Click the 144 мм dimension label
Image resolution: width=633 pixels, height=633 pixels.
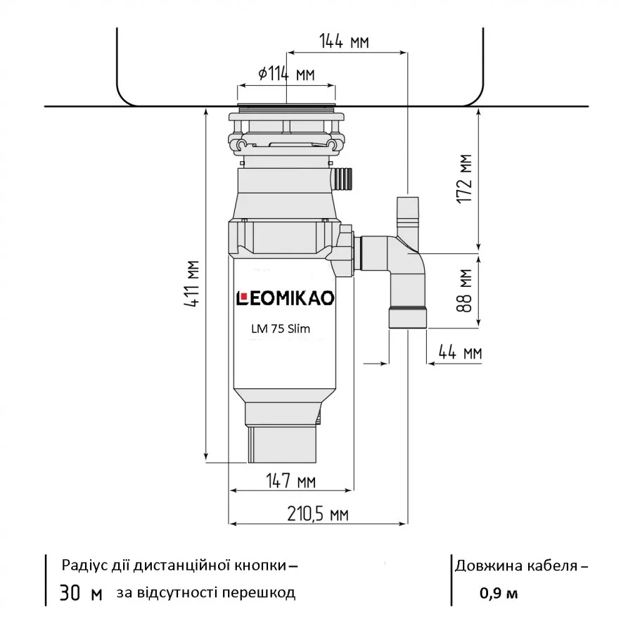(344, 41)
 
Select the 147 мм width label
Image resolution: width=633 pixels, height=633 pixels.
(290, 481)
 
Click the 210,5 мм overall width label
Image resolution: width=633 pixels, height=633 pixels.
(319, 514)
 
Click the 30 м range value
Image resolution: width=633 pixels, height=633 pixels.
(81, 594)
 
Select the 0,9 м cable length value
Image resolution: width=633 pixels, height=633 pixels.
(499, 593)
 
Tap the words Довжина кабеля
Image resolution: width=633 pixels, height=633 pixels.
(517, 565)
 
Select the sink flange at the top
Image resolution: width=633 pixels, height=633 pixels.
(286, 108)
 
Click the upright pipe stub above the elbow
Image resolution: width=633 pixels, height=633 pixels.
(407, 215)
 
